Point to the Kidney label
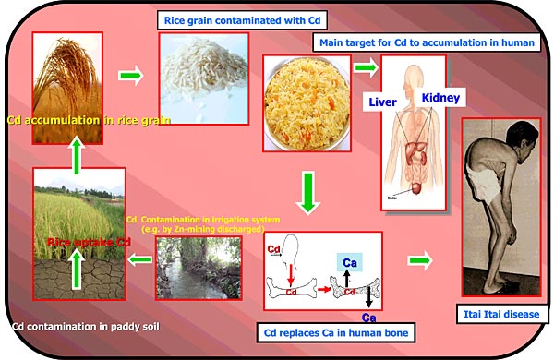click(x=441, y=97)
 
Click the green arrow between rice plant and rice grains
click(x=132, y=74)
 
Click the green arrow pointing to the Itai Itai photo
click(x=419, y=260)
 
